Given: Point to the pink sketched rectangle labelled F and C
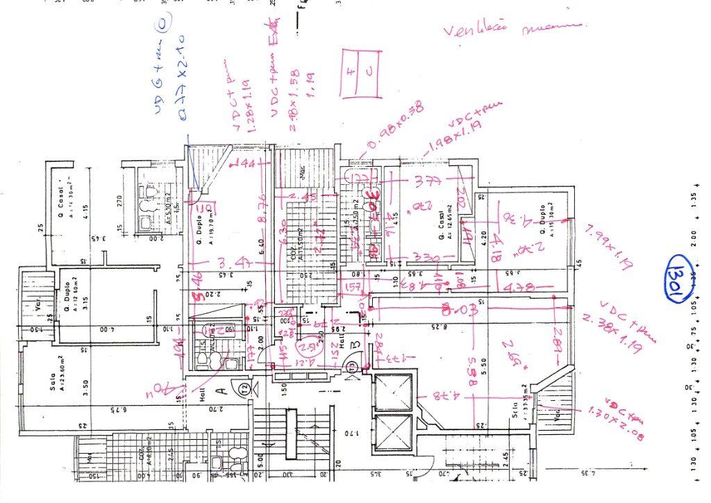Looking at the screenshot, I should pos(360,73).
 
